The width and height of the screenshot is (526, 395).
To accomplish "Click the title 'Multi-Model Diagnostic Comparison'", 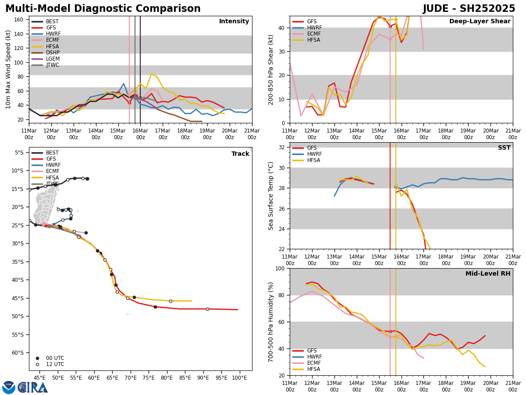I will tap(103, 9).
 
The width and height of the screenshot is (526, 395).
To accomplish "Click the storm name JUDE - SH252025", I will tap(469, 9).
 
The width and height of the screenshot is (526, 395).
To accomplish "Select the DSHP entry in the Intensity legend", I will tap(53, 53).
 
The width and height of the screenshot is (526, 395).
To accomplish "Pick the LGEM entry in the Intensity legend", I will tap(53, 59).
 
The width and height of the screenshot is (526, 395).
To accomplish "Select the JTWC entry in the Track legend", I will tap(52, 184).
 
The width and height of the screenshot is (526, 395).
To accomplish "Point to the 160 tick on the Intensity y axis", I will tap(19, 20).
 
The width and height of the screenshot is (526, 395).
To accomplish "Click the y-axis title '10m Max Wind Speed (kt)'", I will tap(8, 69).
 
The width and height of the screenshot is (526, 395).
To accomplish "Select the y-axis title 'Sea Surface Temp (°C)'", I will tap(271, 196).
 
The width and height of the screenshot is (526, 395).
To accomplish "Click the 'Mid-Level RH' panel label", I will tap(487, 274).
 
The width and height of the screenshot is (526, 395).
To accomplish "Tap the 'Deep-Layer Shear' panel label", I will tap(480, 22).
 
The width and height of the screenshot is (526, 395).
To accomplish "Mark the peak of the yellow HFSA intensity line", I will tap(152, 74).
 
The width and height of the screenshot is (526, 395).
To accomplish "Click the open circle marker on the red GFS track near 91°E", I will tap(207, 309).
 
